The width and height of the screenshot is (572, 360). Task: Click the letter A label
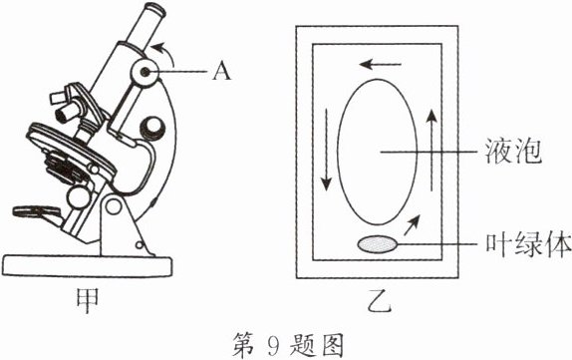[x=222, y=71]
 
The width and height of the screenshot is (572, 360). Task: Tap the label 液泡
[x=513, y=151]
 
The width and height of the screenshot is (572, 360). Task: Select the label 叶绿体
[x=528, y=244]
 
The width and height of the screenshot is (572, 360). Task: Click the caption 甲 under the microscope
[x=87, y=300]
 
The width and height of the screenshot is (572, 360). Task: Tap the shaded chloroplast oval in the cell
[x=378, y=244]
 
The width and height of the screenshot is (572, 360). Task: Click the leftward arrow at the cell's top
[x=380, y=65]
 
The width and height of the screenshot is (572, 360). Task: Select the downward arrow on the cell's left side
[x=327, y=149]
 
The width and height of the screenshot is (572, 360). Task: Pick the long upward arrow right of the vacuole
[x=431, y=150]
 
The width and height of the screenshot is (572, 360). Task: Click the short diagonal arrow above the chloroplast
[x=413, y=225]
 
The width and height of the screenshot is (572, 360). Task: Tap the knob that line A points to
[x=145, y=72]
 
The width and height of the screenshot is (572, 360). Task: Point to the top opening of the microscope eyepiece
[x=155, y=9]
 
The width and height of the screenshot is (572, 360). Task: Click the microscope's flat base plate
[x=87, y=266]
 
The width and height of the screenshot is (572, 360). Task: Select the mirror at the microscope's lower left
[x=37, y=211]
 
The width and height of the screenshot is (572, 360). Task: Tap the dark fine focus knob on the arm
[x=152, y=129]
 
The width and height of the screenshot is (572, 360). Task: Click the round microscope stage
[x=72, y=150]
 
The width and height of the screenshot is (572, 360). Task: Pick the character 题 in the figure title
[x=302, y=345]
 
